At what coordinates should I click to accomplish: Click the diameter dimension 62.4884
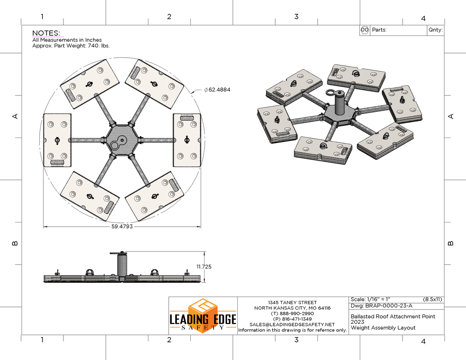[217, 90]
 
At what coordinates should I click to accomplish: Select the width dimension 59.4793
[122, 227]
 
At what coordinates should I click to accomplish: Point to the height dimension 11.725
[204, 267]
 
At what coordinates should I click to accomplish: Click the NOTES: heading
[46, 33]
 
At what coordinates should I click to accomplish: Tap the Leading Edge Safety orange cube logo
[202, 316]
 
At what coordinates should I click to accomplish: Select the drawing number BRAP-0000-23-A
[389, 306]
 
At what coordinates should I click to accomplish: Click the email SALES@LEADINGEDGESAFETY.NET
[292, 325]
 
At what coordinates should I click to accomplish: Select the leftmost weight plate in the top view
[57, 140]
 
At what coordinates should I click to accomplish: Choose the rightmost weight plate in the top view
[187, 140]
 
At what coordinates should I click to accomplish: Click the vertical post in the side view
[122, 265]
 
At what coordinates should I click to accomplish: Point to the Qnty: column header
[435, 30]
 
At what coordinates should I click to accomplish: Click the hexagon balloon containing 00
[365, 30]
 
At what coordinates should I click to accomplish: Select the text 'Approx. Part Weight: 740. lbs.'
[71, 46]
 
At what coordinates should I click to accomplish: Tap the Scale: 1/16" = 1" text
[370, 299]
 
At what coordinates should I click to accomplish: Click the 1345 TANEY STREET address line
[293, 302]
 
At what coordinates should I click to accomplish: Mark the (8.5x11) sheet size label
[432, 299]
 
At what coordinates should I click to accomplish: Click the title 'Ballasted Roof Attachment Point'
[393, 316]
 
